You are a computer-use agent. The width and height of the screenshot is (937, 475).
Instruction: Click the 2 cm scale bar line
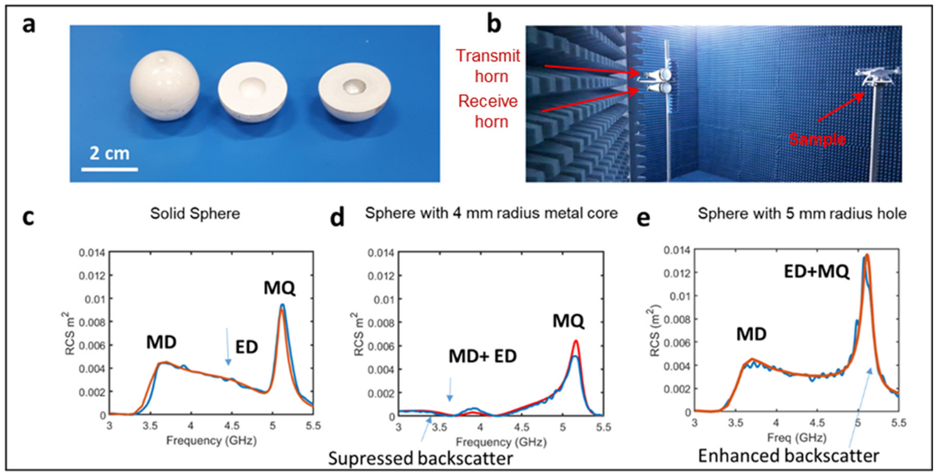click(x=109, y=169)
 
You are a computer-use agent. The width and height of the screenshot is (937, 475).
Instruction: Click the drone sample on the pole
click(x=877, y=76)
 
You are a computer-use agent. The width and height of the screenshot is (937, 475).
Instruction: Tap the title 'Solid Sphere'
click(x=195, y=213)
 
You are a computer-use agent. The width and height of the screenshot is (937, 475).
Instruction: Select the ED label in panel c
click(x=247, y=347)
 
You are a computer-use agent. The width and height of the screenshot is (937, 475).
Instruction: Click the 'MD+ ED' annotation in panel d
click(x=482, y=356)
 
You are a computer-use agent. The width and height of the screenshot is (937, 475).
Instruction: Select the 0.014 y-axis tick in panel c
click(x=92, y=252)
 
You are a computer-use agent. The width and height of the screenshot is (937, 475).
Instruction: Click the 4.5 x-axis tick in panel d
click(x=521, y=427)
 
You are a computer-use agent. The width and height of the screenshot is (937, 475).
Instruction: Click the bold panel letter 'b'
click(x=494, y=24)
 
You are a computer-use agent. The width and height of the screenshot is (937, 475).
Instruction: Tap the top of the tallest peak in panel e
click(x=867, y=255)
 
